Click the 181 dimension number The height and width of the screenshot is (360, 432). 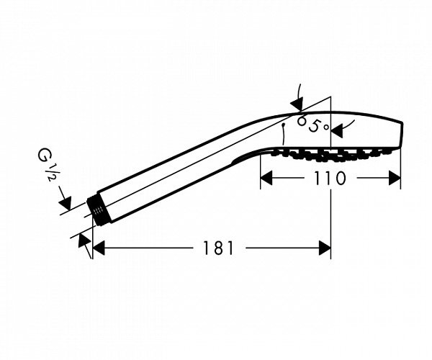point(218,248)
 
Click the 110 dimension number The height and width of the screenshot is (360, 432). point(330,178)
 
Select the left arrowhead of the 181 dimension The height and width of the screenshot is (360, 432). point(99,248)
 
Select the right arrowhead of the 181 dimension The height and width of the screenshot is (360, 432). point(325,248)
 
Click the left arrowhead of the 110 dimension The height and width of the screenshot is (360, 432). point(266,178)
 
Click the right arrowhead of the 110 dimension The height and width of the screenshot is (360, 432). point(395,178)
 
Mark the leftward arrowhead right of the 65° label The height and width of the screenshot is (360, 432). point(337,130)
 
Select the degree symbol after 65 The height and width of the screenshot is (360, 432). point(326,127)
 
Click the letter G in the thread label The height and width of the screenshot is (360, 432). point(44,156)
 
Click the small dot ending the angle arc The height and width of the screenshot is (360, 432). point(283,125)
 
